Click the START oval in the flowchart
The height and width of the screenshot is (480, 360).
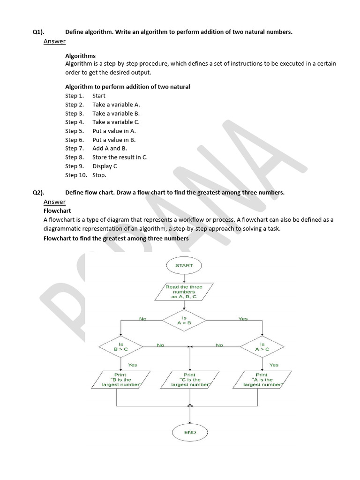184,265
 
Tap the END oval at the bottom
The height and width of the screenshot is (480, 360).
190,432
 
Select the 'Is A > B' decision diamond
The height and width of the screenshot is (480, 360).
184,320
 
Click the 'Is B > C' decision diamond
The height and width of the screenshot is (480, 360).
120,347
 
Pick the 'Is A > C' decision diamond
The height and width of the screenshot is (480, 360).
262,347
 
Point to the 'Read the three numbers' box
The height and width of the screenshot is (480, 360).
184,292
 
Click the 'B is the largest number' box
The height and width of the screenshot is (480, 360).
121,380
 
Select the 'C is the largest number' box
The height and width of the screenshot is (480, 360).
190,380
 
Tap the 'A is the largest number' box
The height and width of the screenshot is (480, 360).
262,380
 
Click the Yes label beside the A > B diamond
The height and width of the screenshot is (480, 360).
243,319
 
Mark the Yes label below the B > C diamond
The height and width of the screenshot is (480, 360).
133,365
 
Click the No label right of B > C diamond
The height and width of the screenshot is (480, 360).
160,345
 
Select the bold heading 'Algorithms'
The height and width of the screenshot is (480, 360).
80,56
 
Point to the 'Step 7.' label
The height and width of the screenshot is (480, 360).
74,148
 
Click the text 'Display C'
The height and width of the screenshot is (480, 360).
105,166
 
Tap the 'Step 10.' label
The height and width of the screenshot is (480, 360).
76,175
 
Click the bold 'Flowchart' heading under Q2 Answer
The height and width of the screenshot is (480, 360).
57,210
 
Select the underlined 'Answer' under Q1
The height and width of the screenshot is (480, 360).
54,41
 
